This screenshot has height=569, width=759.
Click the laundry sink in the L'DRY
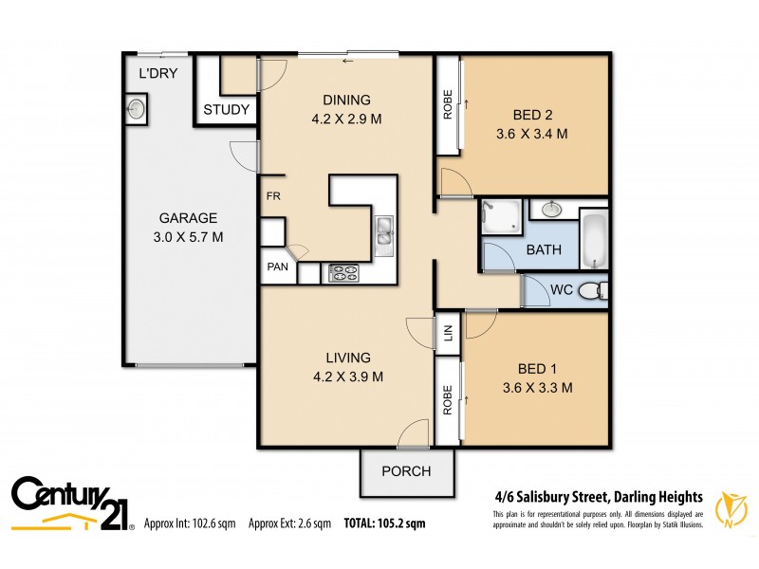(x=137, y=109)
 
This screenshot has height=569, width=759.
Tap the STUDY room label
(x=227, y=110)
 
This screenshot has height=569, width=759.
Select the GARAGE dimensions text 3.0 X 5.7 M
(x=188, y=236)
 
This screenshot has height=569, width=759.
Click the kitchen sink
(x=384, y=236)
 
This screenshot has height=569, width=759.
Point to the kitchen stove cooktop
(x=343, y=273)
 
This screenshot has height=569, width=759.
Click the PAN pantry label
(x=277, y=267)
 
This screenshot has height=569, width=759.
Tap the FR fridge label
(x=273, y=196)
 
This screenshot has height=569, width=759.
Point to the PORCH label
(x=406, y=471)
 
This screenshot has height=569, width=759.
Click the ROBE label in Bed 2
(x=447, y=104)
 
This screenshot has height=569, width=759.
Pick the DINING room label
(x=345, y=101)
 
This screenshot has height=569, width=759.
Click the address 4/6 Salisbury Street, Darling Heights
(x=598, y=496)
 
